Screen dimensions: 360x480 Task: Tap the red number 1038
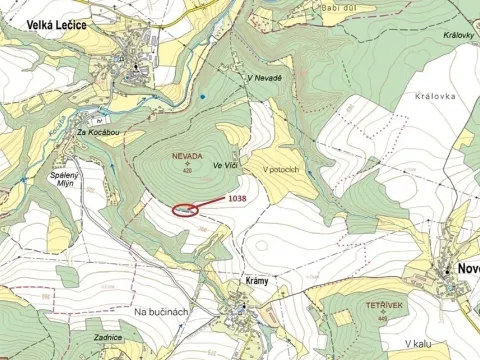(x=237, y=198)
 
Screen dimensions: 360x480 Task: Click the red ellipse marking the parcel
(x=184, y=210)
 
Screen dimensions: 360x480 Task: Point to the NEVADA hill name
(x=186, y=157)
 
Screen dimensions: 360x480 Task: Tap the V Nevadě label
(x=263, y=79)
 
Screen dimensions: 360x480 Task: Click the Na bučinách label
(x=161, y=312)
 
